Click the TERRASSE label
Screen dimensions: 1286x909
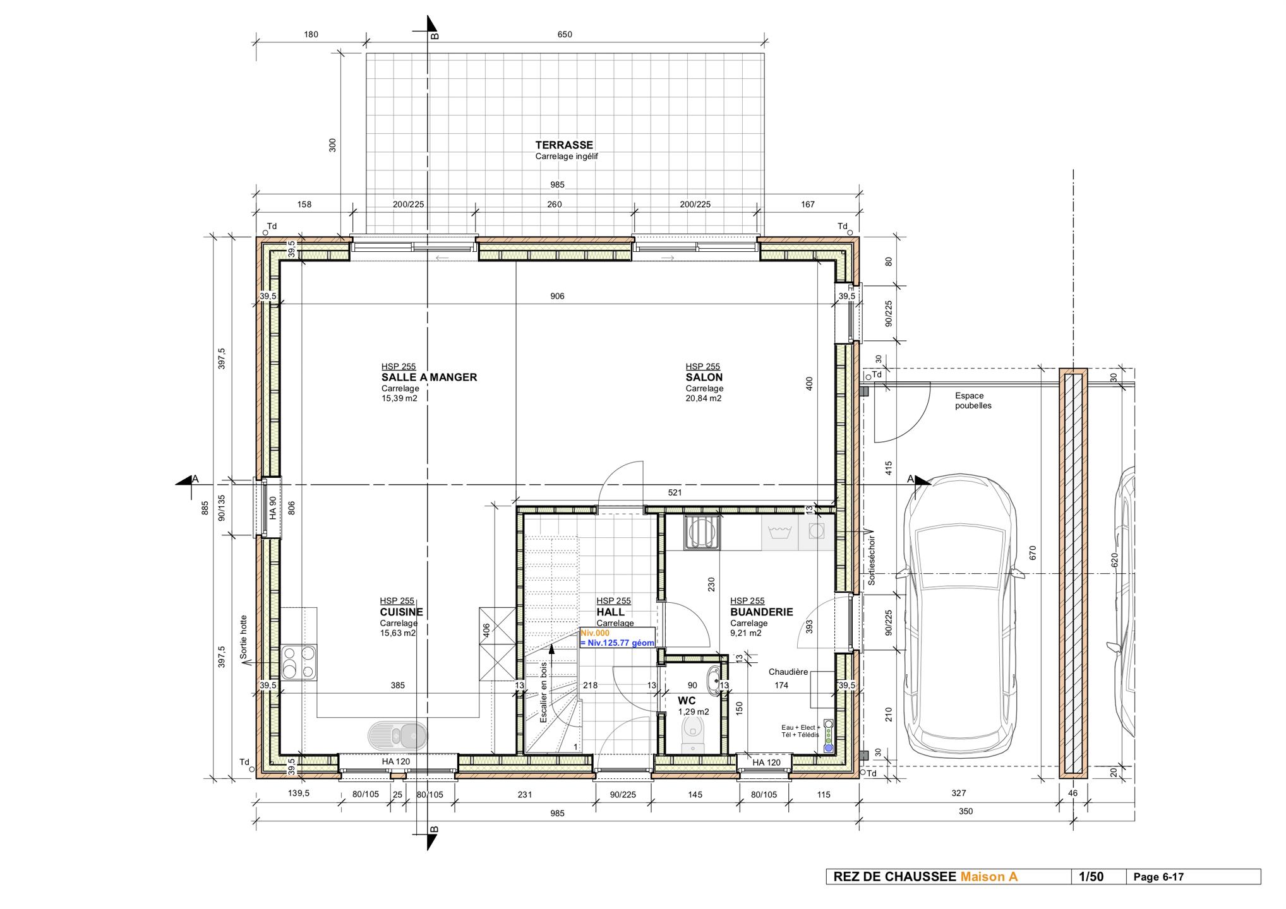[x=564, y=145]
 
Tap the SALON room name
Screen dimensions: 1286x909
[x=704, y=377]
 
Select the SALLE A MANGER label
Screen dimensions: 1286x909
[x=429, y=377]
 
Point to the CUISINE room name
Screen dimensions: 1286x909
[x=402, y=612]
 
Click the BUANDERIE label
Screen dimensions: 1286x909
[x=762, y=612]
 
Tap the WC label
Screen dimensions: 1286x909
[x=687, y=701]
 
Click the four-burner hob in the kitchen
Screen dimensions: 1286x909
[x=299, y=662]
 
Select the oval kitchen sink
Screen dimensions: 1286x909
[x=397, y=735]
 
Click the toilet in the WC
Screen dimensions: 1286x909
[x=693, y=734]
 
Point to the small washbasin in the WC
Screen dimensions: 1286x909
[x=713, y=680]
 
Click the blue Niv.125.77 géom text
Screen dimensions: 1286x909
[x=617, y=643]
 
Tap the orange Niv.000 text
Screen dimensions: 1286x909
[x=595, y=633]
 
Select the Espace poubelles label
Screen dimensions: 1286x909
[x=973, y=401]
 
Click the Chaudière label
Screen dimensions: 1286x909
[x=788, y=672]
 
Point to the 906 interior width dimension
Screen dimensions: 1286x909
[x=557, y=296]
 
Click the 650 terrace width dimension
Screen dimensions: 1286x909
[x=565, y=35]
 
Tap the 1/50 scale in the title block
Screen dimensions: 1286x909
[x=1091, y=877]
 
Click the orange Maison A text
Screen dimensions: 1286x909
[x=989, y=877]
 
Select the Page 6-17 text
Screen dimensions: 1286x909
[x=1158, y=877]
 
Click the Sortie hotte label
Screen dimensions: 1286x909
[x=244, y=638]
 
